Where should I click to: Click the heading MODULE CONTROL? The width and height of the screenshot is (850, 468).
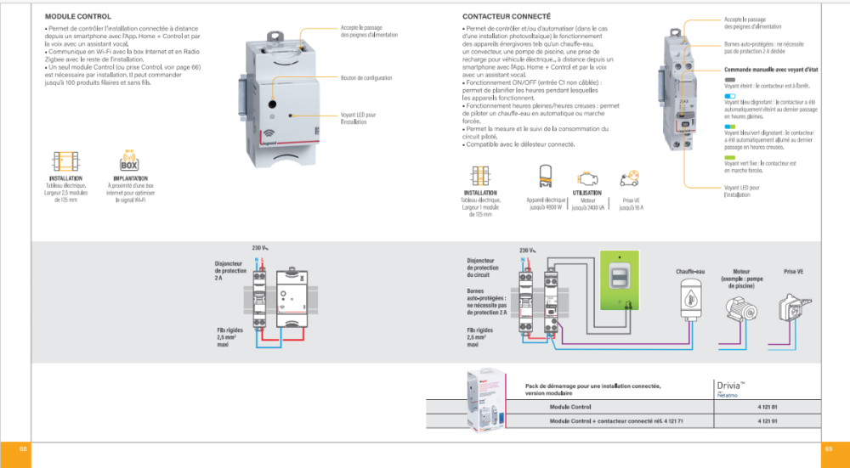(x=77, y=16)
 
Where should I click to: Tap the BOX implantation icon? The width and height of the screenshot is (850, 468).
(x=131, y=163)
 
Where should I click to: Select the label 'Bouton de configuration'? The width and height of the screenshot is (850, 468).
(x=366, y=79)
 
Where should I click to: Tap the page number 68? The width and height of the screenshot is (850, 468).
(x=15, y=448)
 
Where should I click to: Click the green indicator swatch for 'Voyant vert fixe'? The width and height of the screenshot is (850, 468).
(x=730, y=157)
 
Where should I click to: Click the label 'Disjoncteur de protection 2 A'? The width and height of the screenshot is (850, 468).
(x=229, y=270)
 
